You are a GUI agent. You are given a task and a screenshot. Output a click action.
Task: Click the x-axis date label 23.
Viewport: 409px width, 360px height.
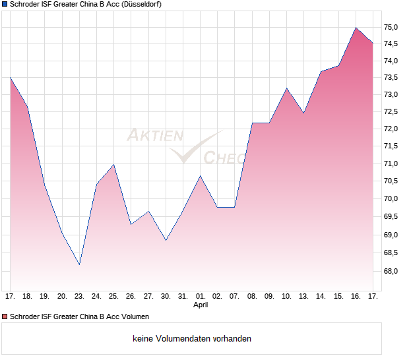tap(79, 296)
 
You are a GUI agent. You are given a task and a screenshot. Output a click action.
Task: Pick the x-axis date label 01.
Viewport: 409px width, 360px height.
tap(201, 296)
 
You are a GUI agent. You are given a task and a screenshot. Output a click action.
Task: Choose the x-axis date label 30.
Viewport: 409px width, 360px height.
tap(166, 296)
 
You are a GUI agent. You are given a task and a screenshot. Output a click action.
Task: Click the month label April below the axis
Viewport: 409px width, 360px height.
tap(201, 305)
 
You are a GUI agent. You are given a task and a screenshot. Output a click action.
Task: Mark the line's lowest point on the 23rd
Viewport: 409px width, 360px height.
tap(79, 265)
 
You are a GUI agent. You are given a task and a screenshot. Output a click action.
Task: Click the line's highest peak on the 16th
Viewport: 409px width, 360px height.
tap(356, 28)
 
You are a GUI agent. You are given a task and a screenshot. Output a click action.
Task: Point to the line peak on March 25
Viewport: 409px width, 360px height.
tap(114, 164)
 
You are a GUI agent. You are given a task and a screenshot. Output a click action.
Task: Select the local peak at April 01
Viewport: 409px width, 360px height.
tap(201, 175)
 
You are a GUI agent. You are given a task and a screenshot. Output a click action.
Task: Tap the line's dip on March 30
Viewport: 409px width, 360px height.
tap(166, 240)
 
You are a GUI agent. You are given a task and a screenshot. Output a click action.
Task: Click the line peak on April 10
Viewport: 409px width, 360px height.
tap(287, 88)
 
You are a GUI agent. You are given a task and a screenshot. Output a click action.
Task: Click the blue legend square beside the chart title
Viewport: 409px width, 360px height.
tap(5, 5)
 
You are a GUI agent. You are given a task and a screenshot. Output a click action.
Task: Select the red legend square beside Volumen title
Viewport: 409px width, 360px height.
tap(5, 317)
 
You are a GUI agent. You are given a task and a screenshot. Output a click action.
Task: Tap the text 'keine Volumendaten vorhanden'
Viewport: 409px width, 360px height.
tap(192, 339)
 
